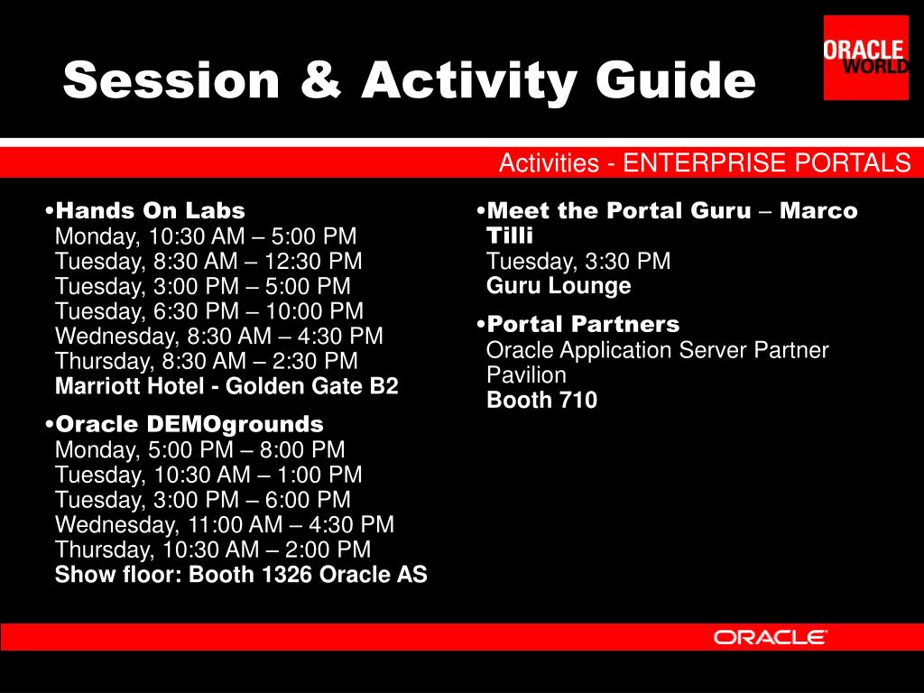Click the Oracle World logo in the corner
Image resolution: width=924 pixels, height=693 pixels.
click(865, 58)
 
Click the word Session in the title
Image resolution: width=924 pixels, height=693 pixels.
click(171, 80)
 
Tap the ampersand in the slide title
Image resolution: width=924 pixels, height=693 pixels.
click(320, 79)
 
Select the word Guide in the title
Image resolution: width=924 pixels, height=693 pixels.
click(675, 79)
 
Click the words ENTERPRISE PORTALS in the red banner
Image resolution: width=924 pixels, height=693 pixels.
click(767, 162)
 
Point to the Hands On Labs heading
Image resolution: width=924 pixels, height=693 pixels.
click(151, 210)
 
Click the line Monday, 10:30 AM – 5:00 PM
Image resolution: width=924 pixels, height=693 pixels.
click(206, 236)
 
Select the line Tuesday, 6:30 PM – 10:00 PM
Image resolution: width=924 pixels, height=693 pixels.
click(209, 311)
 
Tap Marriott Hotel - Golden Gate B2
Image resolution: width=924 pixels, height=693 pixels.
click(226, 386)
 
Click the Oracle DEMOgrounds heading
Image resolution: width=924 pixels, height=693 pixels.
click(189, 424)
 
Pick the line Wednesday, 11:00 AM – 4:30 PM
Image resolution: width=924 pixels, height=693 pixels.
click(225, 524)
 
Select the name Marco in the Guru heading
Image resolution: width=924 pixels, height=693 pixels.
click(818, 210)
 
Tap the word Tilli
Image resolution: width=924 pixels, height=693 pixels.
click(510, 236)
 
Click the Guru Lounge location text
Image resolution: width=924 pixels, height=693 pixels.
click(559, 286)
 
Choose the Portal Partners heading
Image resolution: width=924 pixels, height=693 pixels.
click(583, 324)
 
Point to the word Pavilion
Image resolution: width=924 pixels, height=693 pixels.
click(526, 374)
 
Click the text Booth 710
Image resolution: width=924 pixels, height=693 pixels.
click(541, 400)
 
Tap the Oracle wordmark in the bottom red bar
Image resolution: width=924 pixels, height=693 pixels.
click(770, 637)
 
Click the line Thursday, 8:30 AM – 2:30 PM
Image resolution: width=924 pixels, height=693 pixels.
click(207, 361)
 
